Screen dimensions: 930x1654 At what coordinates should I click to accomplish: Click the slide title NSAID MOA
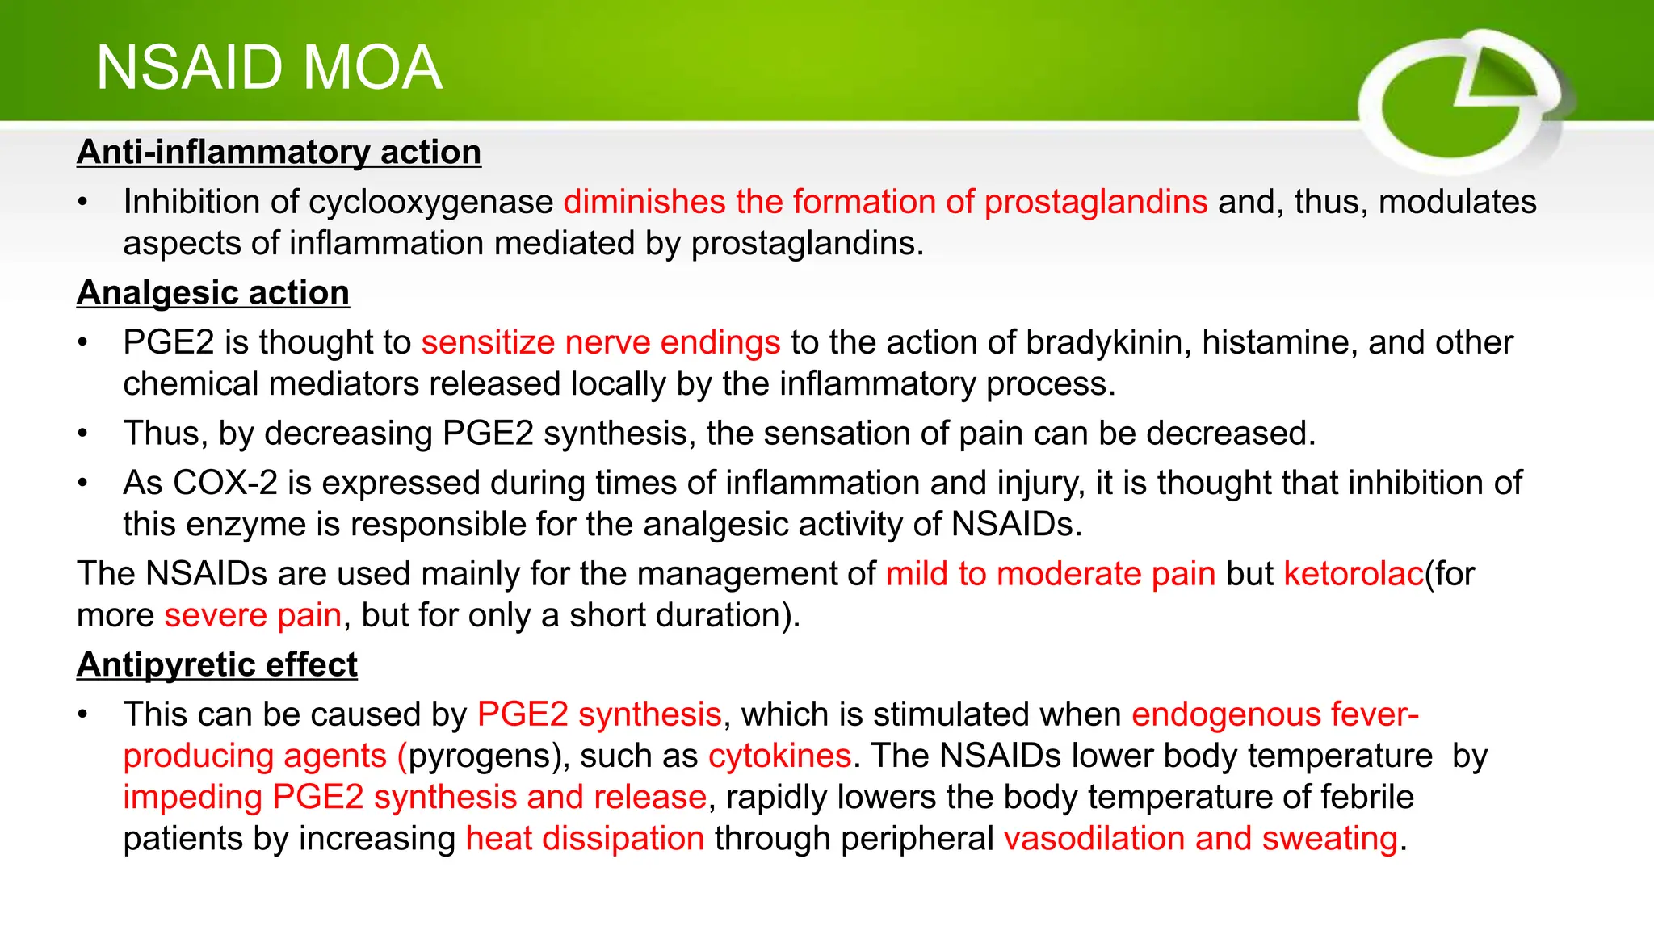pos(269,68)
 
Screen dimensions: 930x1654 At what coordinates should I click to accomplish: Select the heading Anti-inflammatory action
pos(279,152)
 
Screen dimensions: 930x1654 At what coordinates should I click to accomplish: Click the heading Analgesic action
pos(213,292)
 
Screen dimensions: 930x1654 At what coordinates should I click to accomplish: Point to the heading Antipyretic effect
pos(217,664)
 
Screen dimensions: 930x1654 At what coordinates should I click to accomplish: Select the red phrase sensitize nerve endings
pos(601,342)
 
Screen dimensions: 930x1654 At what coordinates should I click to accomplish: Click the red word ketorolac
pos(1354,574)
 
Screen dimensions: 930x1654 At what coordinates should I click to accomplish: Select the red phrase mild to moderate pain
pos(1051,574)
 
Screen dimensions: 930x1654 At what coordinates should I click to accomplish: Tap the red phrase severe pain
pos(253,615)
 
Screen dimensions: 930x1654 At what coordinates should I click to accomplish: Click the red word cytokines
pos(779,756)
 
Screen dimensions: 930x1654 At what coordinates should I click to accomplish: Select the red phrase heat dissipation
pos(586,838)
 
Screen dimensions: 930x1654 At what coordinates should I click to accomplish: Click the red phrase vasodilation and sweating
pos(1201,838)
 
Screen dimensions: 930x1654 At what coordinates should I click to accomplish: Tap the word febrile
pos(1366,797)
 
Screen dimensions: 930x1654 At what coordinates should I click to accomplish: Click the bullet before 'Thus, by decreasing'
pos(82,434)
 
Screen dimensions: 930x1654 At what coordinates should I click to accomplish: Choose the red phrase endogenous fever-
pos(1275,714)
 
